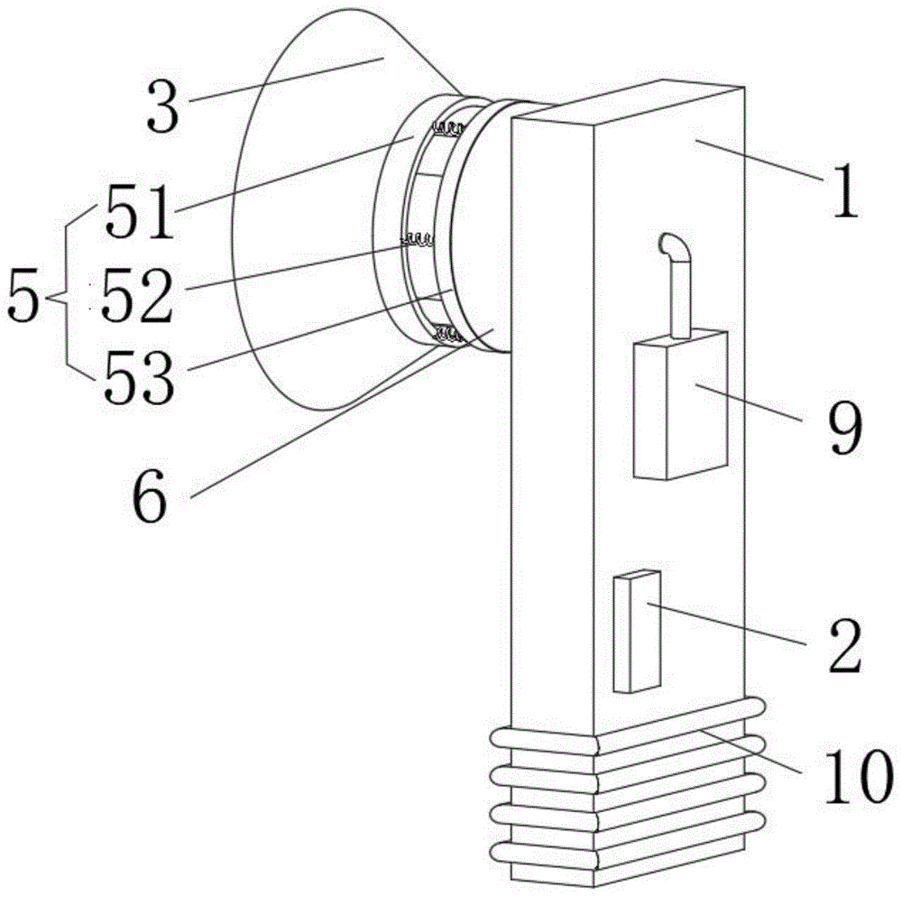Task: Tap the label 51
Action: pos(137,214)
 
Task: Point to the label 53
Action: pos(136,377)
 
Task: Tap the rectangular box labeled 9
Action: pos(680,406)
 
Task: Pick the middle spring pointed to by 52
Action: pos(418,241)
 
